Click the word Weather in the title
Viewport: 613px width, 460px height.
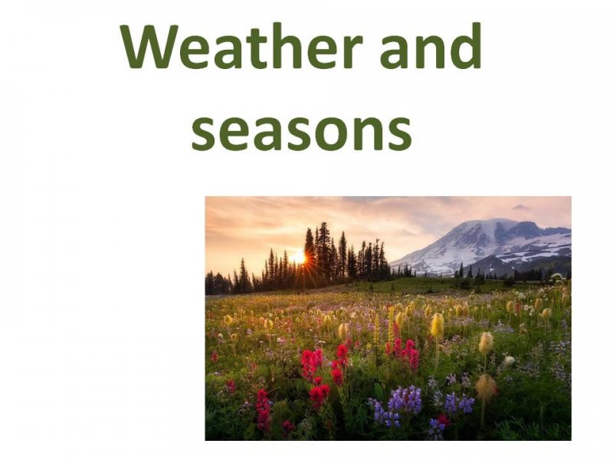click(241, 46)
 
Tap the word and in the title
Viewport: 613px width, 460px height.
click(431, 45)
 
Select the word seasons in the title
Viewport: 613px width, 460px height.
click(301, 131)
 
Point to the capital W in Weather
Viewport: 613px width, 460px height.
click(149, 46)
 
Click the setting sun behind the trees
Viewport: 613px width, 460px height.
click(299, 258)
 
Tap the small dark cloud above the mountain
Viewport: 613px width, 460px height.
click(521, 207)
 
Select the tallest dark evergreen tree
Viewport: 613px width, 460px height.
click(323, 251)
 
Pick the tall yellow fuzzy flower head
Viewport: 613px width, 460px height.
click(437, 325)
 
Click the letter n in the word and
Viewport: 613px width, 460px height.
click(431, 51)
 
